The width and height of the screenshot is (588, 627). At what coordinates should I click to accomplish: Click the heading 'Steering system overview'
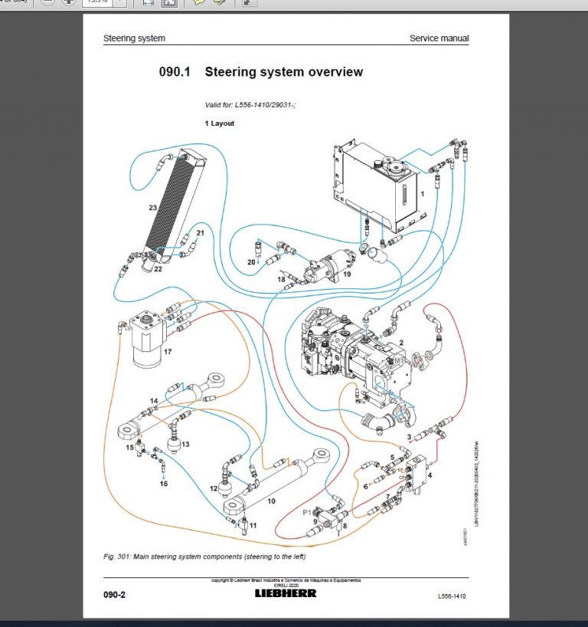[x=283, y=72]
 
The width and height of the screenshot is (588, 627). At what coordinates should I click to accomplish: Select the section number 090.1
[x=174, y=72]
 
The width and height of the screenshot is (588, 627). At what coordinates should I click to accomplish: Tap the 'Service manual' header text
[x=439, y=38]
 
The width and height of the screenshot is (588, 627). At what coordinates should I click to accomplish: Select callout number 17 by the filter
[x=167, y=352]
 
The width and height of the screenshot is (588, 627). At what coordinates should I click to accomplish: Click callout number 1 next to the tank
[x=422, y=194]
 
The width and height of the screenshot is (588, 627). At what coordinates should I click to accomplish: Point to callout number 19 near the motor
[x=347, y=274]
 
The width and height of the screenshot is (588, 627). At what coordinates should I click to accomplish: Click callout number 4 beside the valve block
[x=430, y=476]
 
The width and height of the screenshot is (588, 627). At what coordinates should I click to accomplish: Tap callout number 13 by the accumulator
[x=185, y=445]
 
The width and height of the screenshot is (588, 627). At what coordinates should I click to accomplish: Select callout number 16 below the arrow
[x=163, y=484]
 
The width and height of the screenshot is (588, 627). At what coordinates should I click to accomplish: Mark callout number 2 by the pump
[x=402, y=342]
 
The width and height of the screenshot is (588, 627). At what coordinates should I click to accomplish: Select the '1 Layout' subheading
[x=219, y=123]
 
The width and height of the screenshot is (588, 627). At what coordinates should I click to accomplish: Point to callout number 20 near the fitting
[x=250, y=262]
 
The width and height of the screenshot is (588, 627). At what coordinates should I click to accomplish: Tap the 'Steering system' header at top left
[x=134, y=38]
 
